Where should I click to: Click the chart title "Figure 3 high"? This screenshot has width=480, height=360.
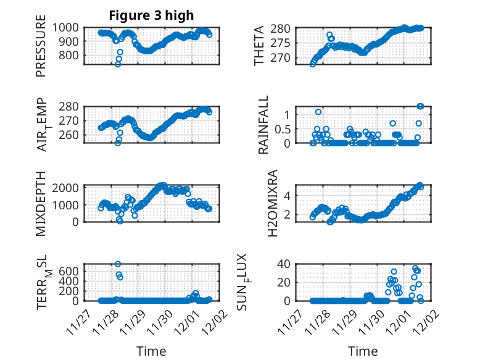click(151, 15)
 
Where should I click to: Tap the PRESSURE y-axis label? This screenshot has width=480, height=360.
click(41, 49)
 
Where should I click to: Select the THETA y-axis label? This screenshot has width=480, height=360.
click(260, 45)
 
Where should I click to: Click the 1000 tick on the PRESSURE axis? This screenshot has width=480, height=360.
click(65, 28)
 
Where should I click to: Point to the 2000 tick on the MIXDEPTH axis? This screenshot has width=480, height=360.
click(65, 187)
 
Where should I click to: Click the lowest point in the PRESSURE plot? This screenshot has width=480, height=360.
click(118, 64)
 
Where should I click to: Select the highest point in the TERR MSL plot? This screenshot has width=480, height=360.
click(118, 264)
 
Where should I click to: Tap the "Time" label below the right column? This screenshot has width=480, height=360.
click(363, 351)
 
